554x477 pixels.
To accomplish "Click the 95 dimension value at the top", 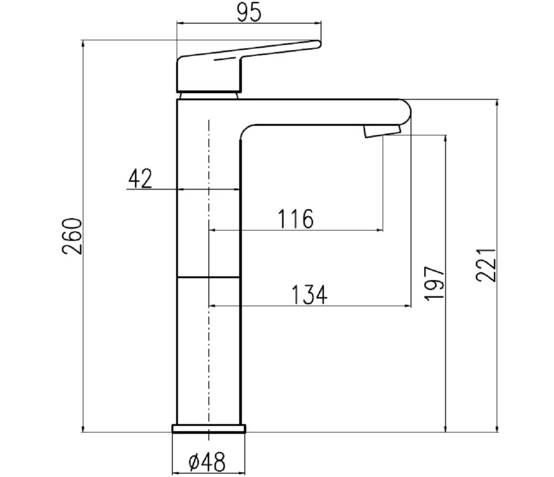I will coord(248,13).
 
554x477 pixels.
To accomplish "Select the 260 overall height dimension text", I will coord(72,236).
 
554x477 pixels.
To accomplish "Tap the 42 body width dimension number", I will coord(140,179).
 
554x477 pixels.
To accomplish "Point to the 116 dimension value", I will coord(295,219).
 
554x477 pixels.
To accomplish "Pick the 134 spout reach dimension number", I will coord(308,295).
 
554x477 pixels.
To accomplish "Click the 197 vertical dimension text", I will coord(434,283).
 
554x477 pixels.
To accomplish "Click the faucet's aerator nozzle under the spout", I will coord(382,131).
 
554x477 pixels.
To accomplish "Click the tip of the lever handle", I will coord(318,44).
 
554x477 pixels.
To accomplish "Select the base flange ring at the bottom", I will coord(209,429).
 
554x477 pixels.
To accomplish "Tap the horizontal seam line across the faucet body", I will coord(208,277).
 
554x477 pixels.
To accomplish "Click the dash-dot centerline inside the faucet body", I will coord(208,331).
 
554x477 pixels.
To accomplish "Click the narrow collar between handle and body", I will coord(208,96).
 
